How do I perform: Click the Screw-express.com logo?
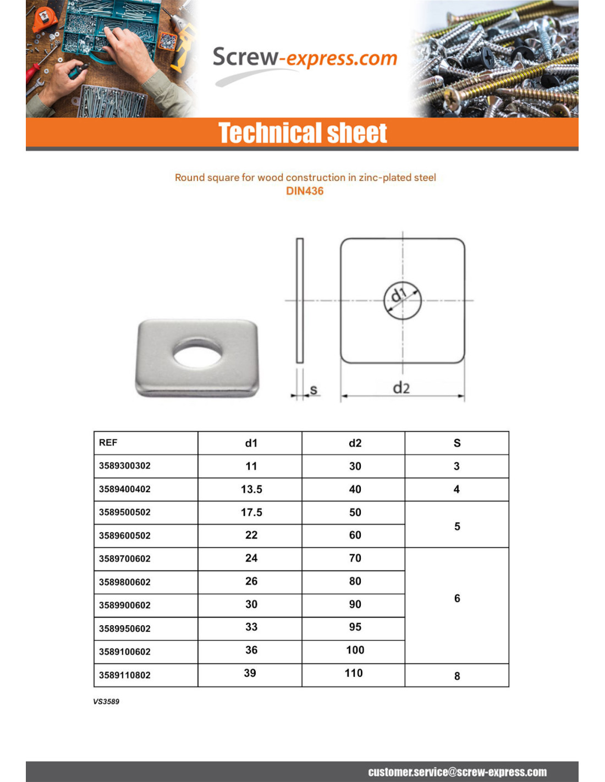pos(304,59)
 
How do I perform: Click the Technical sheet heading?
pos(302,133)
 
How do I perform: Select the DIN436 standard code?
pos(305,191)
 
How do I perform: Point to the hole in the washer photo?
pos(197,353)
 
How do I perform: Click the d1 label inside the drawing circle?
pos(398,295)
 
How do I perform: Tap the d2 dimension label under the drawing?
pos(401,388)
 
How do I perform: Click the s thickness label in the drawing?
pos(313,389)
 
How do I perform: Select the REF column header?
pos(108,443)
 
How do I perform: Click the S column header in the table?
pos(457,443)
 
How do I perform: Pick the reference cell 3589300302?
pos(125,466)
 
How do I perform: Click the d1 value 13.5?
pos(251,489)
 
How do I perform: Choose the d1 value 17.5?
pos(251,513)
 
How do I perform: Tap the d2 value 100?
pos(355,650)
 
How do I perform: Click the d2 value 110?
pos(354,673)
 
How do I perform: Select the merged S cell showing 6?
pos(457,598)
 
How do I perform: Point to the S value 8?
pos(457,676)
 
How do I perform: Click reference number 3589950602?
pos(125,629)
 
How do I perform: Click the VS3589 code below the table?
pos(106,702)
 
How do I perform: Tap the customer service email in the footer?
pos(457,772)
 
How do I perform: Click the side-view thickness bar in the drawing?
pos(300,300)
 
